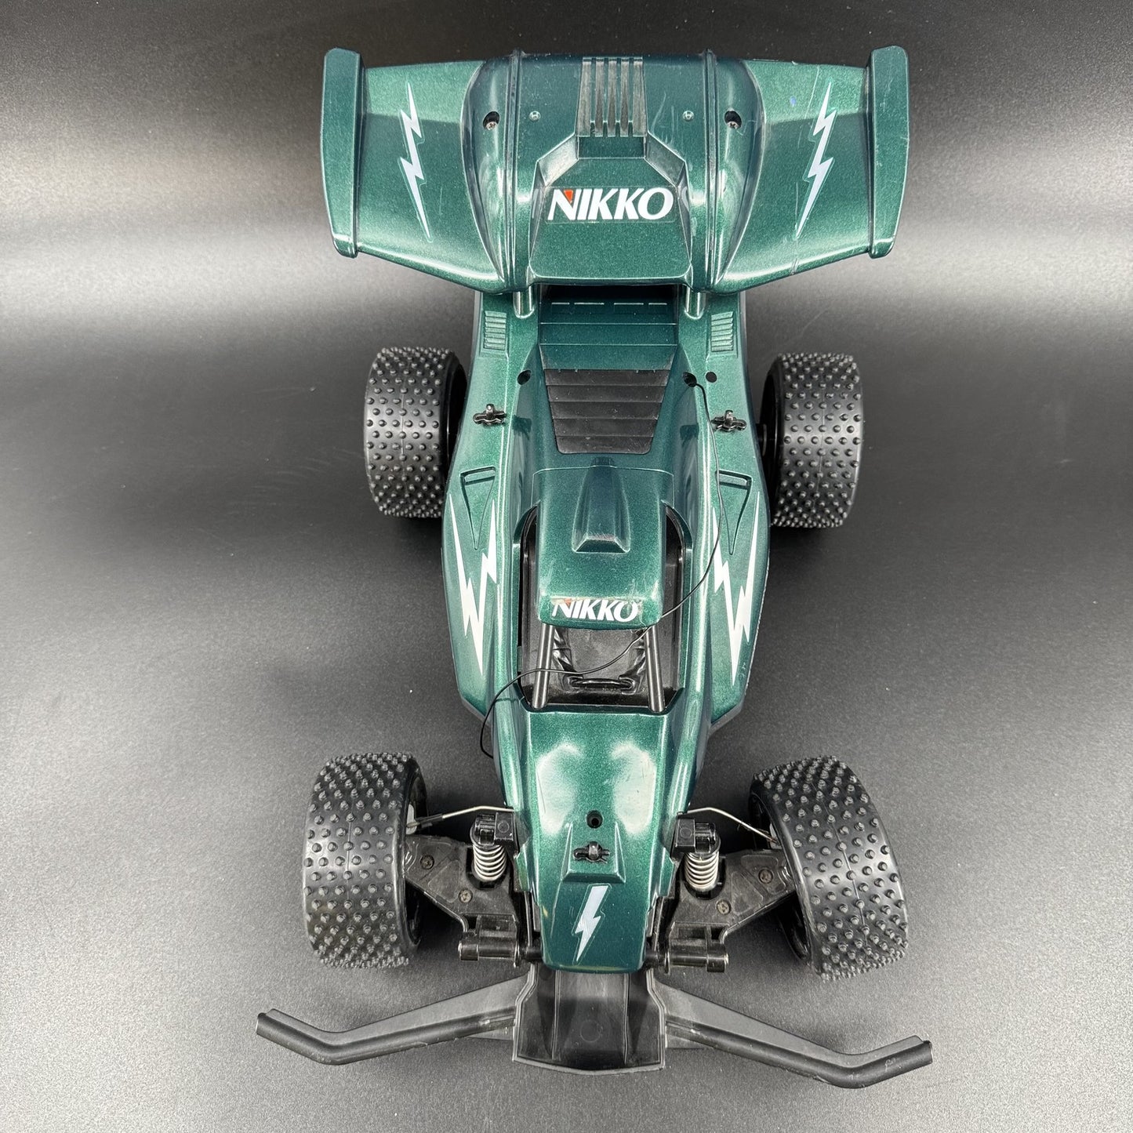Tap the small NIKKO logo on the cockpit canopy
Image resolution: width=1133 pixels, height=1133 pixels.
click(x=596, y=610)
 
